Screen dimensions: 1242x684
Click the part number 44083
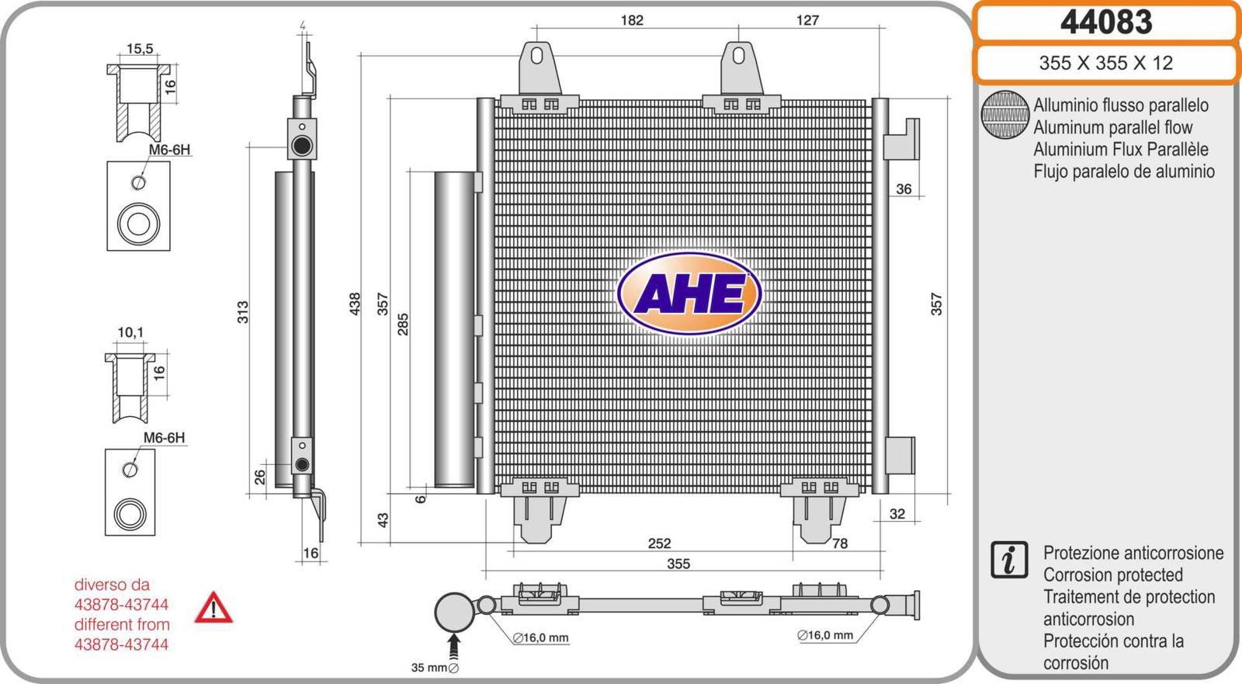1106,23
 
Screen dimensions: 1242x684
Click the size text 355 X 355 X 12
1106,63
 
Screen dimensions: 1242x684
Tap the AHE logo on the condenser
689,293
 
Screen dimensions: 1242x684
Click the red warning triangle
213,607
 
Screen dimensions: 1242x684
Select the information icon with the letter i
1009,560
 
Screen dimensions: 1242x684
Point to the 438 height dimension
355,304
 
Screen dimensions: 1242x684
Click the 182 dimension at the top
632,20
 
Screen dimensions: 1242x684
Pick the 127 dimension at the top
807,20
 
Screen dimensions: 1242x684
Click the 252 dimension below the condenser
659,543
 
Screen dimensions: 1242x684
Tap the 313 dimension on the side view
243,312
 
